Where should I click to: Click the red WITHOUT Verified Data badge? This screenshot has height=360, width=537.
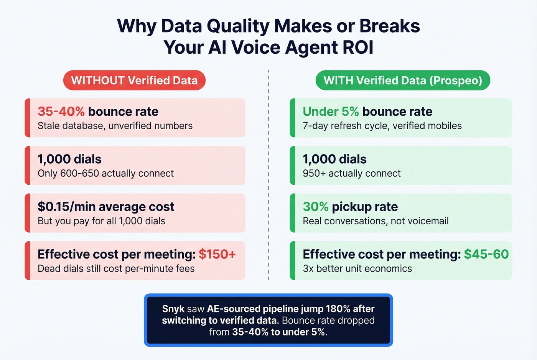point(134,81)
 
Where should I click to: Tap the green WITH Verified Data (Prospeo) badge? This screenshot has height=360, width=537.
point(403,81)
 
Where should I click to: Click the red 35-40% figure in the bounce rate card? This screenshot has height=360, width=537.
point(61,112)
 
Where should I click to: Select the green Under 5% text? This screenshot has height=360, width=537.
point(331,112)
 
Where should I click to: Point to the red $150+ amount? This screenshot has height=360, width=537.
point(217,254)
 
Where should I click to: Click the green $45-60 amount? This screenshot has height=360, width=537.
point(486,254)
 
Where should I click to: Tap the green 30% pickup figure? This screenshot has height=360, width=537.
point(316,207)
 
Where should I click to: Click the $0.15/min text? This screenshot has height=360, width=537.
point(67,207)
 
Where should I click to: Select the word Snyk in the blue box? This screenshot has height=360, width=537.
point(173,309)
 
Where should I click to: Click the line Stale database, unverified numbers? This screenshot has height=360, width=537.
point(115,126)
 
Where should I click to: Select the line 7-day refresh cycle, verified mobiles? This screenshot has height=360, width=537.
point(382,126)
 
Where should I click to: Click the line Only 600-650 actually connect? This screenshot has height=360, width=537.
point(105,173)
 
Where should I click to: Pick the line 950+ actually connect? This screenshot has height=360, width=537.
point(351,173)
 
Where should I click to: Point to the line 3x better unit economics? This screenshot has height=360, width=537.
point(357,269)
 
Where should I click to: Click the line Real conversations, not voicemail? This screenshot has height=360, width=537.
point(376,221)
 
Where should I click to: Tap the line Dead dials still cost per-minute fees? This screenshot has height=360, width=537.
point(116,269)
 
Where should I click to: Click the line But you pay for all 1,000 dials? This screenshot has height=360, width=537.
point(101,221)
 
